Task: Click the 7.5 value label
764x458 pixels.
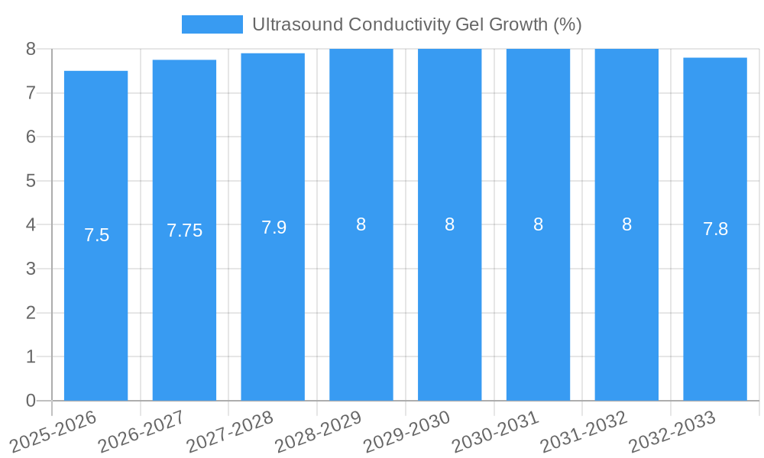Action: click(x=97, y=235)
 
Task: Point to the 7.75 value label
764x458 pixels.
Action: click(x=185, y=231)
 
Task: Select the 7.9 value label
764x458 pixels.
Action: click(x=274, y=227)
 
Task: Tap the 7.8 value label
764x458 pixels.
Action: click(x=715, y=229)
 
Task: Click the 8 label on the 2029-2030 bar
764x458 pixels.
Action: click(x=450, y=224)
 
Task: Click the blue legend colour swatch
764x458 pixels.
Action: click(x=212, y=24)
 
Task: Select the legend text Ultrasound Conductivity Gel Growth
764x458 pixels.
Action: click(x=416, y=24)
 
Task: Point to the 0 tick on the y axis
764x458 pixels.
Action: click(x=31, y=401)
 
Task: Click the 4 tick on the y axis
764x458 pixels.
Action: click(x=31, y=225)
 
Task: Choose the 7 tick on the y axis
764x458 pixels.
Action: click(x=31, y=93)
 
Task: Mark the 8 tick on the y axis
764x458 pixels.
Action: click(x=31, y=49)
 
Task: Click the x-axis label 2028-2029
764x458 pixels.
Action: click(x=319, y=431)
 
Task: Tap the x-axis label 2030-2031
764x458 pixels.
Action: click(x=496, y=431)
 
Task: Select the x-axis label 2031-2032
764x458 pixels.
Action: click(x=584, y=431)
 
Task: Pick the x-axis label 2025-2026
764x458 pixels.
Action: click(x=53, y=431)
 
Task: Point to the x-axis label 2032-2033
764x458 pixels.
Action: click(x=672, y=431)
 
